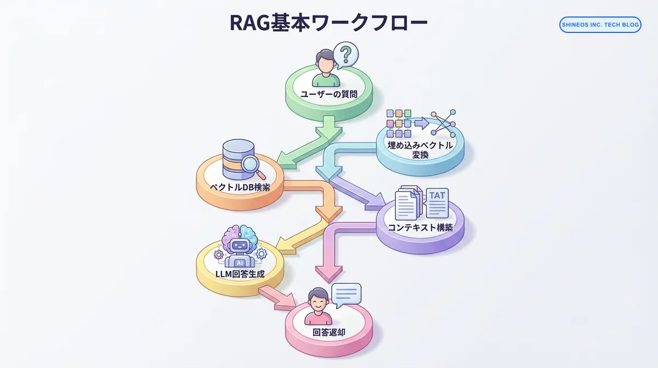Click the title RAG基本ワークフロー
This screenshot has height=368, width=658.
pyautogui.click(x=328, y=23)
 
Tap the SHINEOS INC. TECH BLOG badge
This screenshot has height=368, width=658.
pyautogui.click(x=600, y=25)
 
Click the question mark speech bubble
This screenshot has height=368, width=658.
pyautogui.click(x=345, y=55)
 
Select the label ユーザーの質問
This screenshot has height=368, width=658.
pyautogui.click(x=329, y=94)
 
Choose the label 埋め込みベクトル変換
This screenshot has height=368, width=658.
pyautogui.click(x=421, y=150)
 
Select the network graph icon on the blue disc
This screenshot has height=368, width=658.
pyautogui.click(x=443, y=122)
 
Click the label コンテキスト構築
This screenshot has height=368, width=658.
pyautogui.click(x=420, y=227)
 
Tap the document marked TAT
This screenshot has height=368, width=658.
pyautogui.click(x=437, y=203)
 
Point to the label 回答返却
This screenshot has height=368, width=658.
pyautogui.click(x=329, y=332)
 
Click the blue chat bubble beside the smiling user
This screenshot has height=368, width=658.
pyautogui.click(x=346, y=295)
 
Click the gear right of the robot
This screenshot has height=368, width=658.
pyautogui.click(x=261, y=254)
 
